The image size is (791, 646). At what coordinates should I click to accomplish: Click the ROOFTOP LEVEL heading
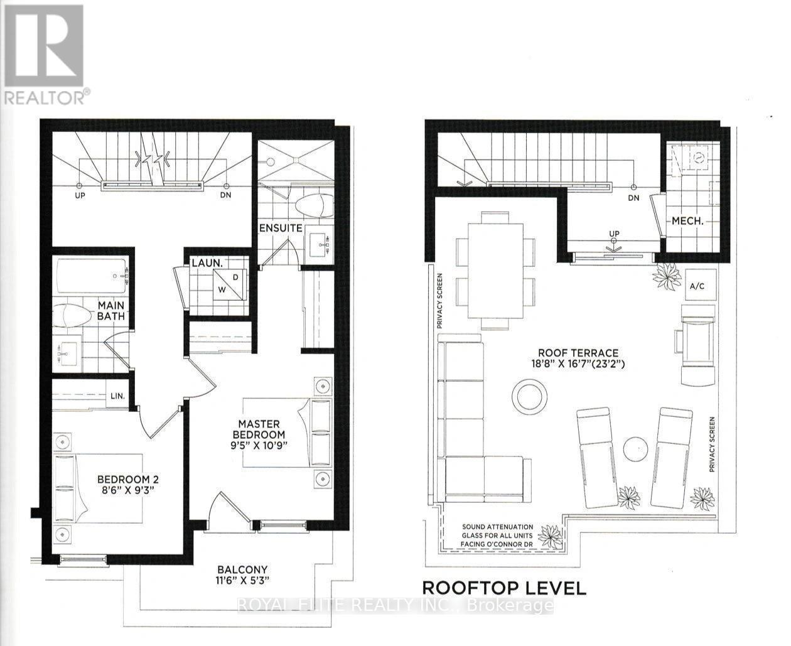tap(504, 588)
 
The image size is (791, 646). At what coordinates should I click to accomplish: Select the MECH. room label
tap(687, 221)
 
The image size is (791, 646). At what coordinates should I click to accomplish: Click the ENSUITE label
tap(281, 228)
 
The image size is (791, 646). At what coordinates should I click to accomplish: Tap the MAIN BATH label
tap(110, 311)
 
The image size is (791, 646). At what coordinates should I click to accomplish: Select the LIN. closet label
tap(118, 396)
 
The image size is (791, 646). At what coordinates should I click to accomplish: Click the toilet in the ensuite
tap(313, 206)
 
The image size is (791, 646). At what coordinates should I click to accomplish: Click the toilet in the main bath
tap(71, 315)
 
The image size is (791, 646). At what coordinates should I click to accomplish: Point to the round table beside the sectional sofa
tap(530, 397)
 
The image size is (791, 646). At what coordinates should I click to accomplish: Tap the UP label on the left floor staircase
tap(80, 195)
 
